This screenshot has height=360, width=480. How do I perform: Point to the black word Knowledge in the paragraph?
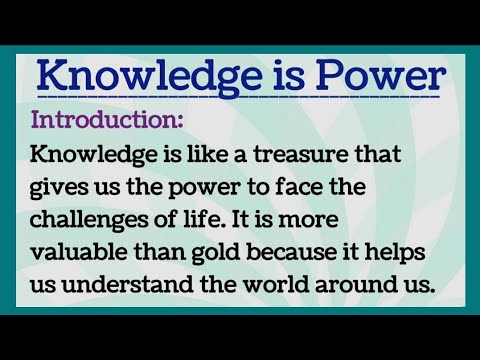[x=91, y=155]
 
